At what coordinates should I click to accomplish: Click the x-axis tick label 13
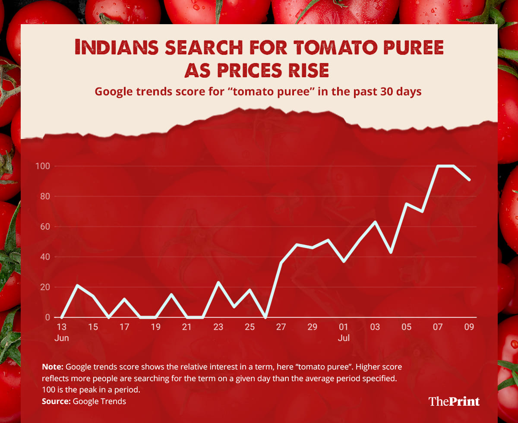pyautogui.click(x=62, y=327)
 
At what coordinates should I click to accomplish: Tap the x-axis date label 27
pyautogui.click(x=281, y=327)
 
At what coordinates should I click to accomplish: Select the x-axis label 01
pyautogui.click(x=344, y=327)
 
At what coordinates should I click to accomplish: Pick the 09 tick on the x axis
pyautogui.click(x=469, y=327)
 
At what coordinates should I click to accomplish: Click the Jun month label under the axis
pyautogui.click(x=62, y=338)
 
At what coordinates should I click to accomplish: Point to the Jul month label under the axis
pyautogui.click(x=344, y=338)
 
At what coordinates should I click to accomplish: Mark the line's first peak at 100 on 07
pyautogui.click(x=438, y=166)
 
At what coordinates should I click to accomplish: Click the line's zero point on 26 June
pyautogui.click(x=265, y=317)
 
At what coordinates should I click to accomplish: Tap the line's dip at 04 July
pyautogui.click(x=391, y=253)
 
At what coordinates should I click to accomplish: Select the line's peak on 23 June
pyautogui.click(x=218, y=282)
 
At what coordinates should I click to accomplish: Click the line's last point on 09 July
pyautogui.click(x=470, y=180)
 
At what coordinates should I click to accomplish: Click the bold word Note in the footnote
pyautogui.click(x=53, y=367)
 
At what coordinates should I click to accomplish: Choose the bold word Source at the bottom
pyautogui.click(x=56, y=401)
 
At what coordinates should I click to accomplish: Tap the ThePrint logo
pyautogui.click(x=454, y=401)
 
